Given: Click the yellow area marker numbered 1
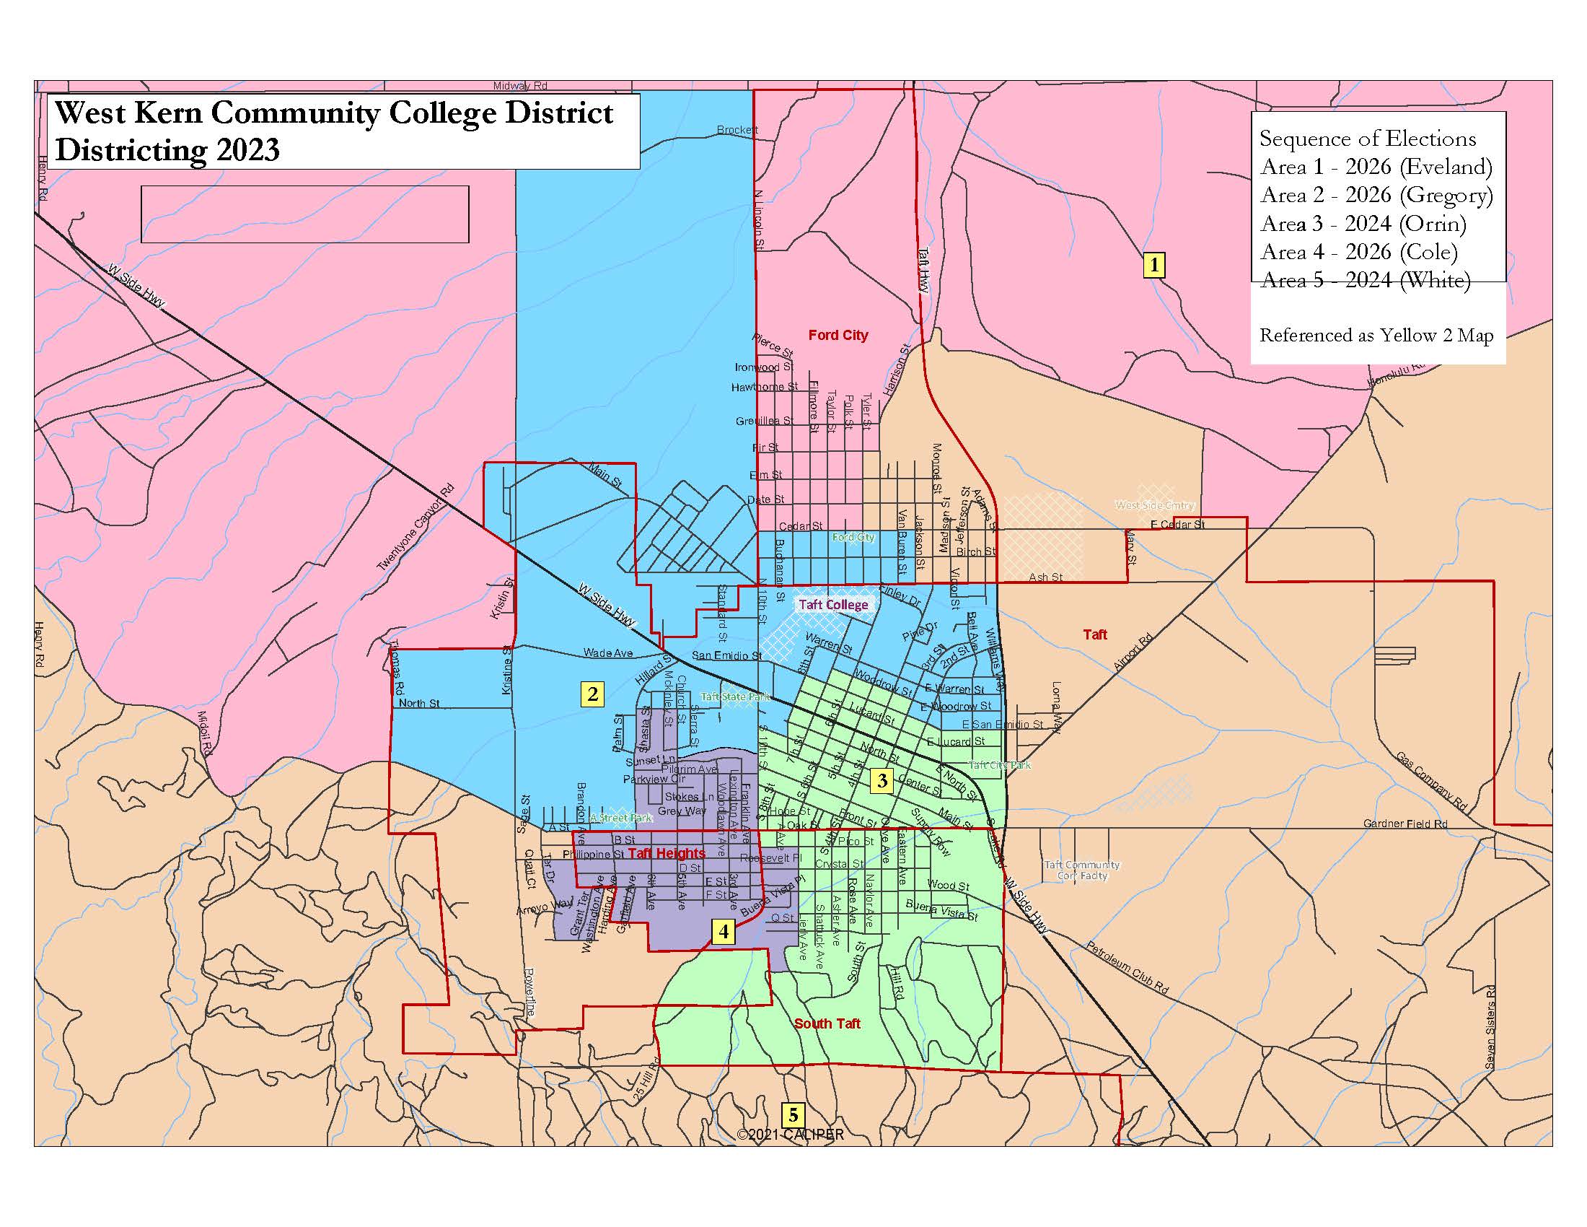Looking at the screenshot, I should pyautogui.click(x=1154, y=265).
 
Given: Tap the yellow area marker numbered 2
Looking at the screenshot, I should pyautogui.click(x=592, y=694).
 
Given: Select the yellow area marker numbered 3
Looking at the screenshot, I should pyautogui.click(x=882, y=781).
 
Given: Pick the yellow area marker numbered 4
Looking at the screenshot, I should pyautogui.click(x=724, y=931).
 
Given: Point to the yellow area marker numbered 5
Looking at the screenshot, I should pyautogui.click(x=793, y=1114).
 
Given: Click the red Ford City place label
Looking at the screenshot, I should pyautogui.click(x=838, y=335).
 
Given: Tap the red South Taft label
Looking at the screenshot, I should pyautogui.click(x=827, y=1023).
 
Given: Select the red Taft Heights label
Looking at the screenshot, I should pyautogui.click(x=667, y=853).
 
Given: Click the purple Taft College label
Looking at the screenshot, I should pyautogui.click(x=832, y=605).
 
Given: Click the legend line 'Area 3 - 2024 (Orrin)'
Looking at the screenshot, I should pyautogui.click(x=1363, y=223).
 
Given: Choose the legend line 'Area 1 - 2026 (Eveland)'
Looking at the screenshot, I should pyautogui.click(x=1376, y=167).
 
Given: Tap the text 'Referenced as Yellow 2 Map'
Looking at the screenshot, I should pyautogui.click(x=1376, y=335).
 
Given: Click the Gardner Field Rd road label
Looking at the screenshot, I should pyautogui.click(x=1404, y=824).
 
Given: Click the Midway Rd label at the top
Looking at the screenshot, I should pyautogui.click(x=519, y=86).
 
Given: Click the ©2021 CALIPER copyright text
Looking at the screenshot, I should pyautogui.click(x=791, y=1135).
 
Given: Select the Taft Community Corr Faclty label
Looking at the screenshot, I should pyautogui.click(x=1081, y=870).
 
